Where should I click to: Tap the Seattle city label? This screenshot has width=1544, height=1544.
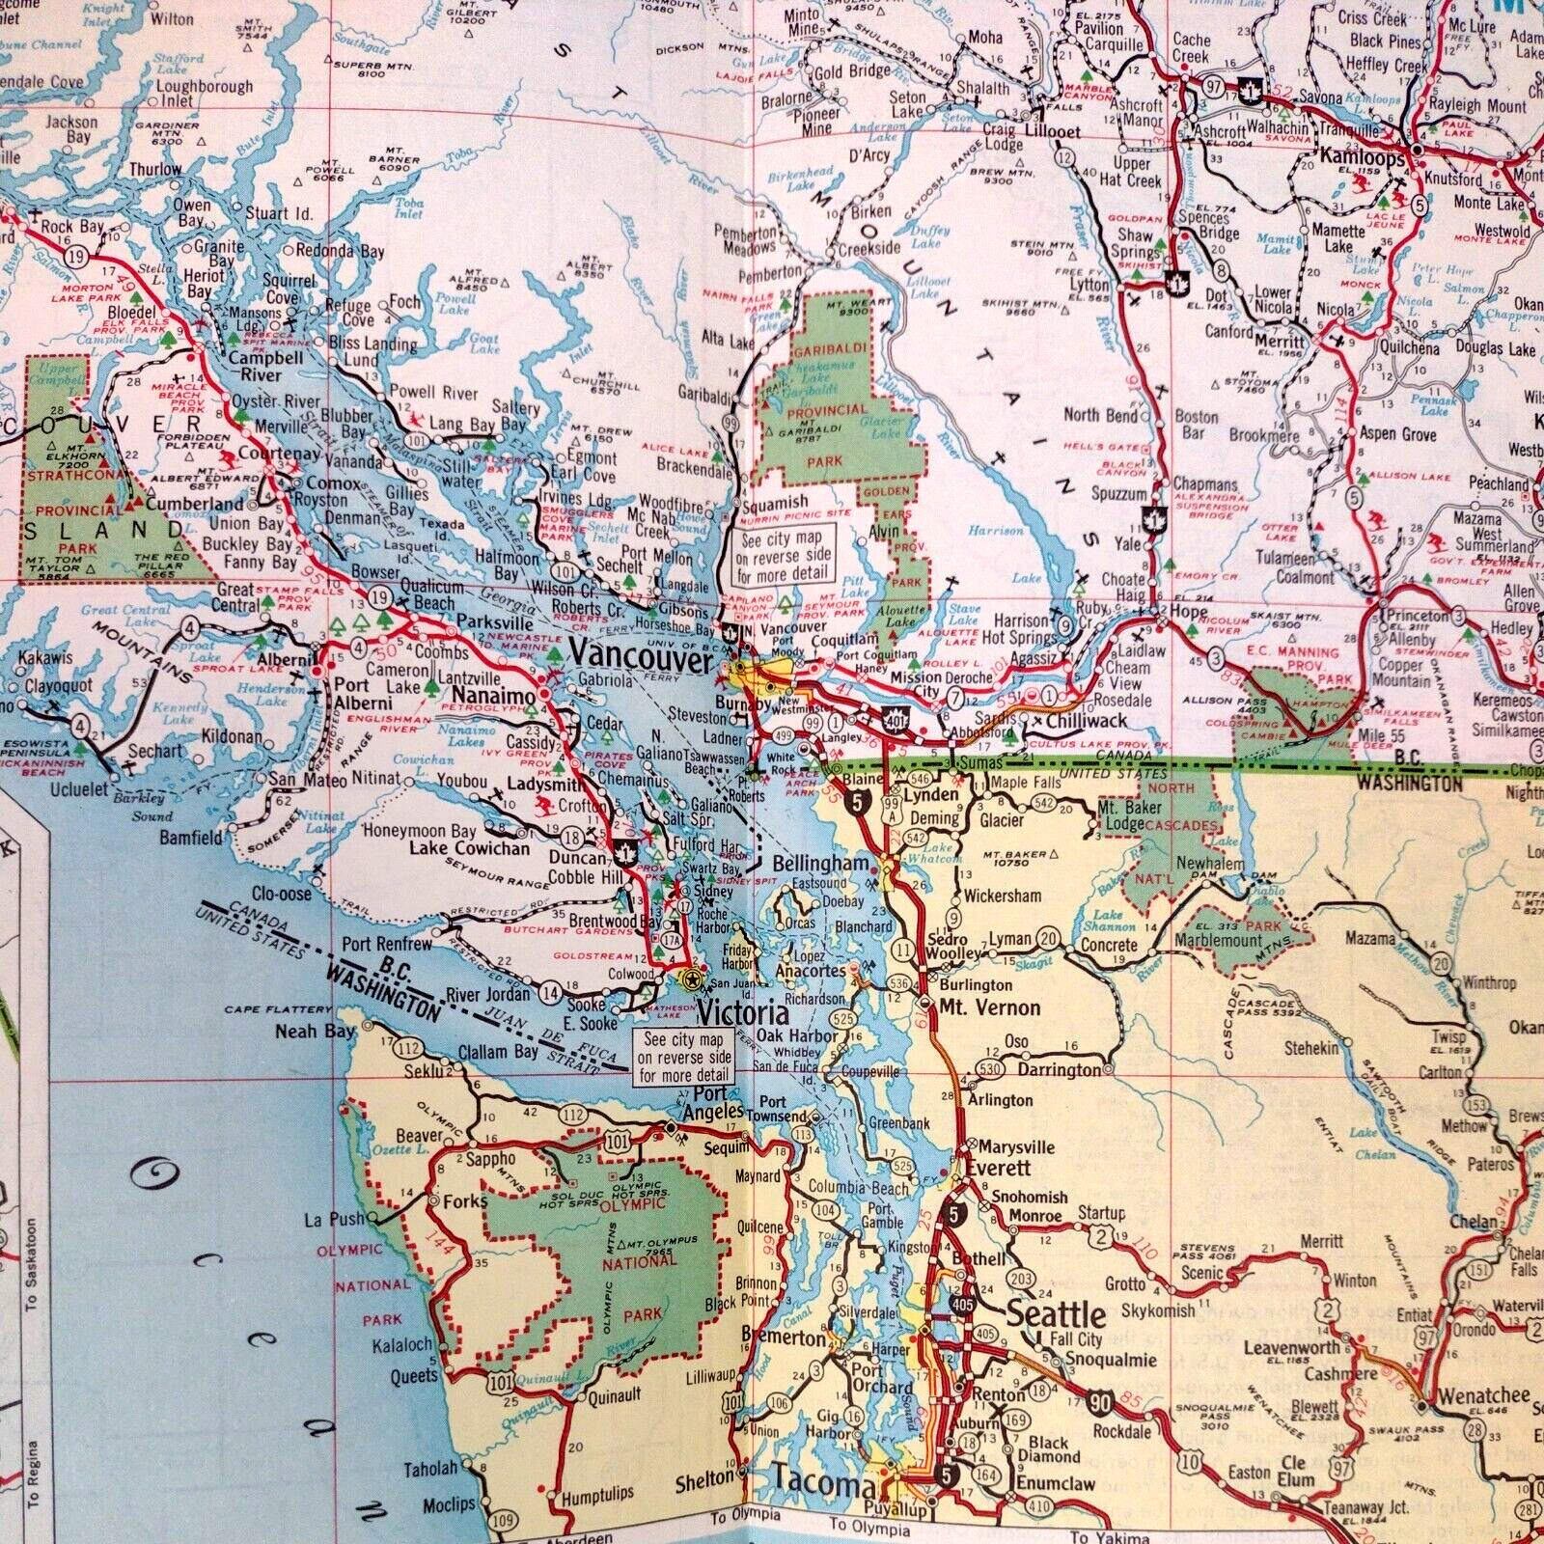[1056, 1314]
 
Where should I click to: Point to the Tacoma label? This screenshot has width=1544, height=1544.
[825, 1485]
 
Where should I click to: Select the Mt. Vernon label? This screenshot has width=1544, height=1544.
[977, 1007]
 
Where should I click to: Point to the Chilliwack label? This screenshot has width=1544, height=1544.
[1089, 722]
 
